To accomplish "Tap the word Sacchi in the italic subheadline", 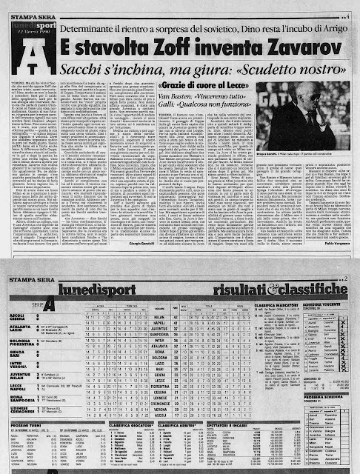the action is pyautogui.click(x=78, y=73).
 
